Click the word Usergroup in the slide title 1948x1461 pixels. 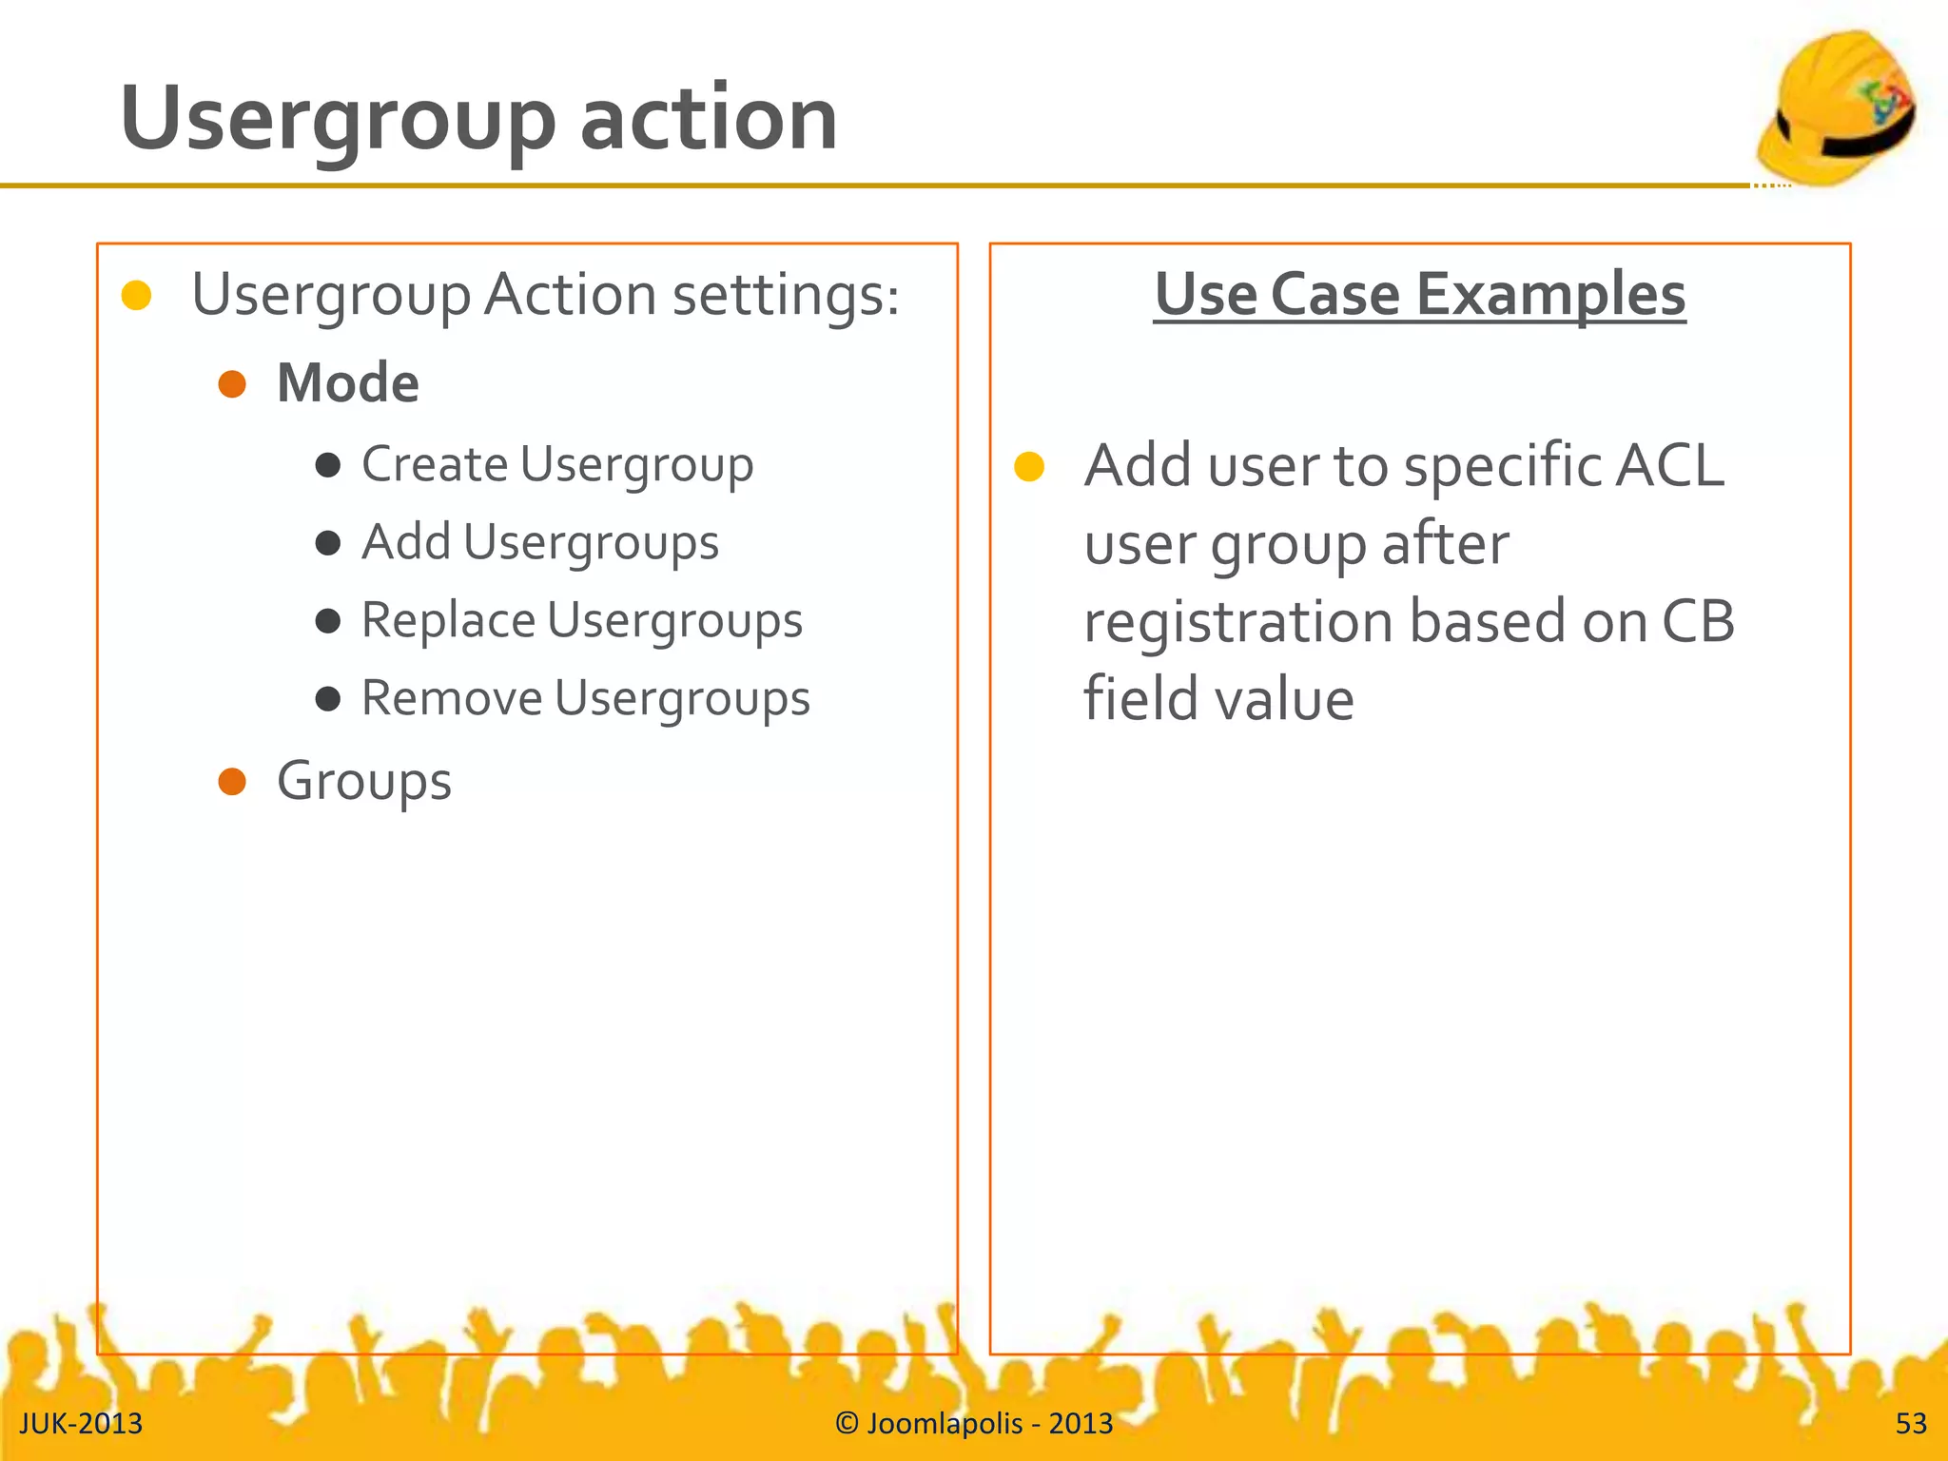tap(338, 120)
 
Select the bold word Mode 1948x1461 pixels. tap(348, 383)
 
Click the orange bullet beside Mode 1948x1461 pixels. tap(232, 384)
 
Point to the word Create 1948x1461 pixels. tap(435, 465)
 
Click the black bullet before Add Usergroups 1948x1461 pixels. tap(328, 543)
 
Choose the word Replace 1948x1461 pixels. tap(448, 621)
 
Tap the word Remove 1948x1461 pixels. tap(452, 699)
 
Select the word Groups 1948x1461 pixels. tap(364, 783)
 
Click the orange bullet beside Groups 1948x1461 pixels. tap(232, 782)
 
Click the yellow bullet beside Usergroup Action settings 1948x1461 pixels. tap(137, 296)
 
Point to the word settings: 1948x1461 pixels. tap(786, 295)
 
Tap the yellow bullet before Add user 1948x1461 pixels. tap(1029, 467)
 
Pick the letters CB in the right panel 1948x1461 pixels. tap(1698, 622)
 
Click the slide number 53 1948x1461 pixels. tap(1911, 1423)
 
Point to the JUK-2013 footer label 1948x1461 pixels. tap(81, 1423)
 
